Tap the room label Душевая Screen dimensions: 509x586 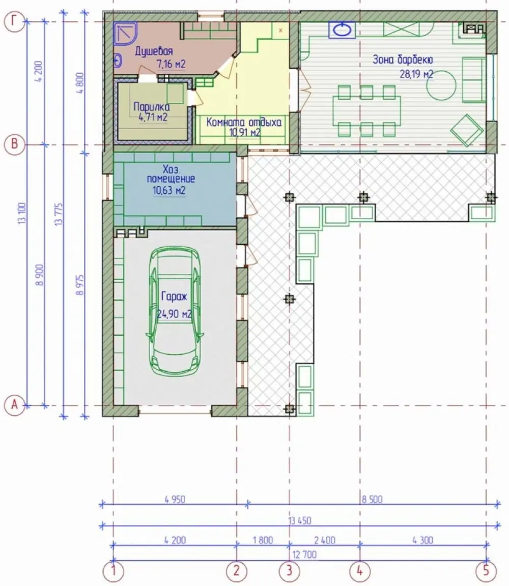[154, 51]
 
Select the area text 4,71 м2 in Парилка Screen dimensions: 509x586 [153, 118]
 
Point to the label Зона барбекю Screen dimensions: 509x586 [403, 60]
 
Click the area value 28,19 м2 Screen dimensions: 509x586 [417, 74]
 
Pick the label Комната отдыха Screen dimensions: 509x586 [244, 122]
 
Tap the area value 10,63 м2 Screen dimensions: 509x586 [169, 191]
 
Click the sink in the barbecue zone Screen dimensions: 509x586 [342, 30]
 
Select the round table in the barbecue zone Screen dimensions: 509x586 [441, 85]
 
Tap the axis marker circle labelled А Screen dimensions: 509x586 [14, 405]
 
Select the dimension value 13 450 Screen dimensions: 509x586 [300, 520]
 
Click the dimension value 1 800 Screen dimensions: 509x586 [263, 540]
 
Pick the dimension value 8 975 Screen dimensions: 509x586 [80, 285]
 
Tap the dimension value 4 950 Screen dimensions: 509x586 [175, 500]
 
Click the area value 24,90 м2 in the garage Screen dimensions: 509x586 [174, 314]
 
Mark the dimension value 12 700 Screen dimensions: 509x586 [304, 554]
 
